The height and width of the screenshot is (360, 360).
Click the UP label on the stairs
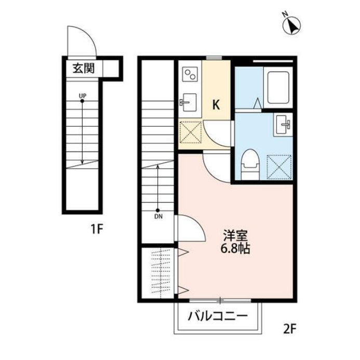[x=83, y=96]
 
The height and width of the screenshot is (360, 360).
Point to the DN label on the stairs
[x=157, y=217]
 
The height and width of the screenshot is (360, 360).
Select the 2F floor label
[x=290, y=328]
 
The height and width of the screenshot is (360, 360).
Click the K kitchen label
[x=216, y=104]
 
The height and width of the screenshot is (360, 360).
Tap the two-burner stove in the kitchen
[x=189, y=76]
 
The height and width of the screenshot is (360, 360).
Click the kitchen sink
[x=188, y=101]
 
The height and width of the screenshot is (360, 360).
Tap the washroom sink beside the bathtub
[x=284, y=123]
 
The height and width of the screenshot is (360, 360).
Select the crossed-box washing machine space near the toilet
[x=278, y=166]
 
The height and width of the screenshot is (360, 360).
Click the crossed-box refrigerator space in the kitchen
[x=190, y=131]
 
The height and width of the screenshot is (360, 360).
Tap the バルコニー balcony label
[x=218, y=315]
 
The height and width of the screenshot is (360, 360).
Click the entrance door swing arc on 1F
[x=81, y=42]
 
